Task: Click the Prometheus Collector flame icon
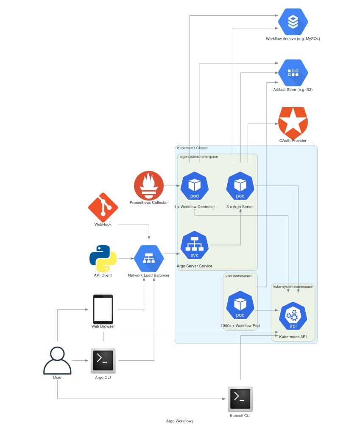148,186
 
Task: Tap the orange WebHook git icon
103,207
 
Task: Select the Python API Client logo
103,258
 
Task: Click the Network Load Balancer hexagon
149,258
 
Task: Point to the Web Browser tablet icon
103,309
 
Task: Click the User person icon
57,360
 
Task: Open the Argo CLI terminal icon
103,360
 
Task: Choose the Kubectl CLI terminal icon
240,399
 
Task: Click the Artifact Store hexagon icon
293,73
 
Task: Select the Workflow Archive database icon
293,22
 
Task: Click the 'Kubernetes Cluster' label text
192,148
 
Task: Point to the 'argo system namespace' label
198,157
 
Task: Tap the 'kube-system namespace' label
293,287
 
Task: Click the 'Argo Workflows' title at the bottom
180,421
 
